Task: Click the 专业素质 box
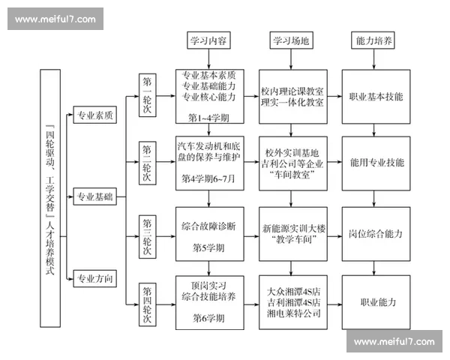point(94,115)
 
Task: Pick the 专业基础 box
point(94,196)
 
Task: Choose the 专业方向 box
point(94,278)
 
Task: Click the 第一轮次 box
point(147,96)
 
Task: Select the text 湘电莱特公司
point(294,313)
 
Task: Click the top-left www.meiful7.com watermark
point(55,18)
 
